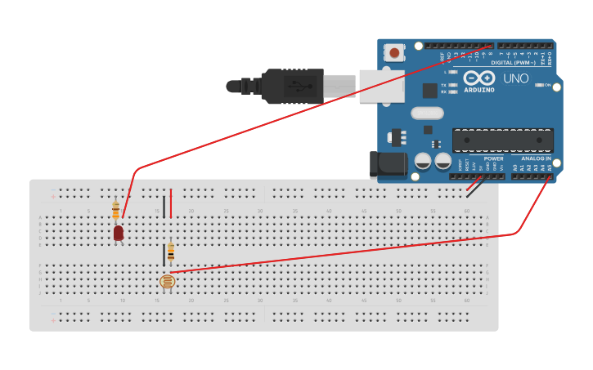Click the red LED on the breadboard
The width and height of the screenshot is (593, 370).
pos(119,233)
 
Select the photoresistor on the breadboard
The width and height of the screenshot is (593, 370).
pos(167,282)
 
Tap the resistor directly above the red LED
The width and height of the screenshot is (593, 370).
pos(115,210)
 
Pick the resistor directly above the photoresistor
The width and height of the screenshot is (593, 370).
pos(170,252)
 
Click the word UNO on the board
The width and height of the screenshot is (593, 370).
pos(515,79)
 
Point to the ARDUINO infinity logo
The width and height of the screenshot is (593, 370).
pos(478,79)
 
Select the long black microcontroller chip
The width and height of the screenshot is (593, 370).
pos(502,140)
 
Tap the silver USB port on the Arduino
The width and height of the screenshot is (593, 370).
pos(381,86)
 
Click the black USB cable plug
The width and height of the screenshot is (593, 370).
pos(286,86)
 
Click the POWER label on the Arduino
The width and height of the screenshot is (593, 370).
pos(493,158)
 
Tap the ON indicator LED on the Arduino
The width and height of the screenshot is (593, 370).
pos(540,84)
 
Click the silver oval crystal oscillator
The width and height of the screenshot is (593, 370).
pos(426,114)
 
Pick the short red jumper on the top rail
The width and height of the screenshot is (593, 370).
pos(170,203)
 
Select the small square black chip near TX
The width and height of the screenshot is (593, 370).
pos(429,91)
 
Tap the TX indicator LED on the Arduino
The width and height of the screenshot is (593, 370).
pos(452,84)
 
